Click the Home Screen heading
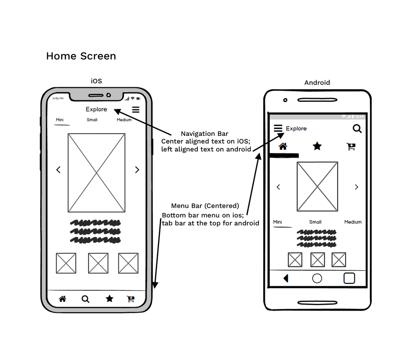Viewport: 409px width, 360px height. (81, 56)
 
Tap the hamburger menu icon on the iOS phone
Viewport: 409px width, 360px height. (136, 109)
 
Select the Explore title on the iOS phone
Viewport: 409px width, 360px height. (96, 109)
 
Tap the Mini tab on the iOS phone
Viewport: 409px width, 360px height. (59, 120)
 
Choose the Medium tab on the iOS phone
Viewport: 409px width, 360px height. (124, 120)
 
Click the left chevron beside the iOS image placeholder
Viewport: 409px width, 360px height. (58, 170)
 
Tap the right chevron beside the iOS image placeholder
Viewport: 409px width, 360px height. (137, 170)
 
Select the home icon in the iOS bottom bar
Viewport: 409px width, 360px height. (63, 298)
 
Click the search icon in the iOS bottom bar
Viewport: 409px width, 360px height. (85, 299)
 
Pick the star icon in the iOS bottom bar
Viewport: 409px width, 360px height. (109, 298)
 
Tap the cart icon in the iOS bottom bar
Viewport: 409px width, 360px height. (131, 298)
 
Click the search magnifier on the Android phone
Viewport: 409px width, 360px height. (357, 129)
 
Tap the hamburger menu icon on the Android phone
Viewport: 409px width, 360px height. (278, 129)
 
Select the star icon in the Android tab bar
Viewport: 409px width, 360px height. (318, 146)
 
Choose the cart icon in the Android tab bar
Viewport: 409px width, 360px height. (351, 146)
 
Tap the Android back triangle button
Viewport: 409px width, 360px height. (286, 279)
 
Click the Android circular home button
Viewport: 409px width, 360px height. (317, 279)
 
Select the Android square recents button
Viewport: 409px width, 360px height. (349, 278)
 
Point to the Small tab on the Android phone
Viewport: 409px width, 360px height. (315, 222)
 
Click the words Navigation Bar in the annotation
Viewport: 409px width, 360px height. (204, 134)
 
